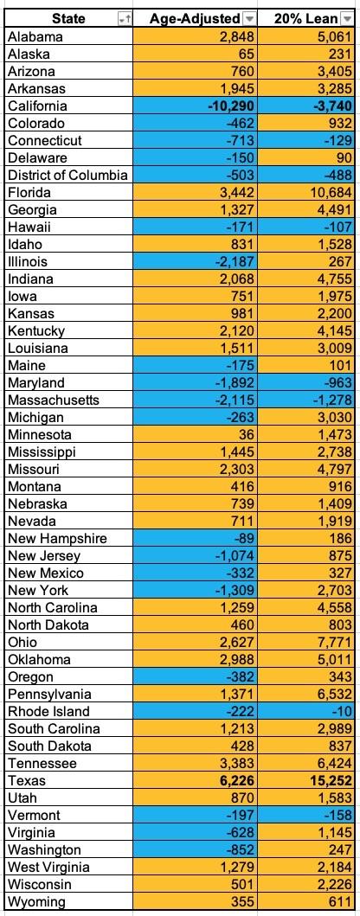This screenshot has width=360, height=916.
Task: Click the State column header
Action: (69, 19)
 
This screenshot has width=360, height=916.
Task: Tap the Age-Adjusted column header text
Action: (195, 19)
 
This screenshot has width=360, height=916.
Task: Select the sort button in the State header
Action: (125, 19)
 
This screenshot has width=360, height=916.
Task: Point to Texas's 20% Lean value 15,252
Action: (327, 780)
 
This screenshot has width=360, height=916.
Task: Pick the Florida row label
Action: (29, 193)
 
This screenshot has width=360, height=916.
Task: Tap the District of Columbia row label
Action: (67, 176)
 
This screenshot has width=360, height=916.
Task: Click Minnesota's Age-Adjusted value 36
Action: (247, 434)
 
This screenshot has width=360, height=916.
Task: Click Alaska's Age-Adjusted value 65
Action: (247, 54)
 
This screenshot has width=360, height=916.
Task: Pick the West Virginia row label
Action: (49, 867)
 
